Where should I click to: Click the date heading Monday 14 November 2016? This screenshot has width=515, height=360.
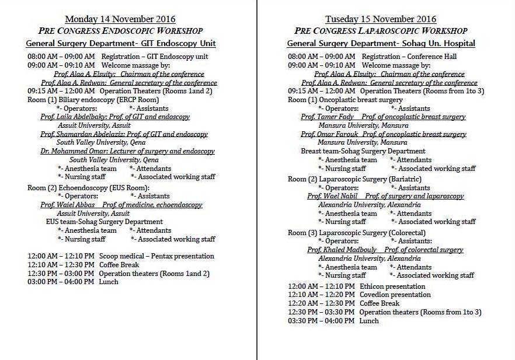(120, 19)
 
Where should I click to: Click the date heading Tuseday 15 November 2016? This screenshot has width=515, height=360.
(381, 19)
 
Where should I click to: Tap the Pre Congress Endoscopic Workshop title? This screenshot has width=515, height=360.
(120, 31)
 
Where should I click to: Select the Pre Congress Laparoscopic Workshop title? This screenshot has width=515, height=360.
(381, 31)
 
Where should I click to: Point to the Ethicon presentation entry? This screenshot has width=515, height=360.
(392, 286)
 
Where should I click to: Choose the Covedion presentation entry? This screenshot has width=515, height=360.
(395, 295)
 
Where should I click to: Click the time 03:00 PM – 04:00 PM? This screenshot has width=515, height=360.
(61, 282)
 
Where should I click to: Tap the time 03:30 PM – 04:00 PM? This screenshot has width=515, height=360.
(321, 321)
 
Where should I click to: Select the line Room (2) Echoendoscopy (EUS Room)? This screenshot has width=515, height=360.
(89, 188)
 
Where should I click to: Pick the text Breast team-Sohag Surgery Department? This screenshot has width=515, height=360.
(363, 151)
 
